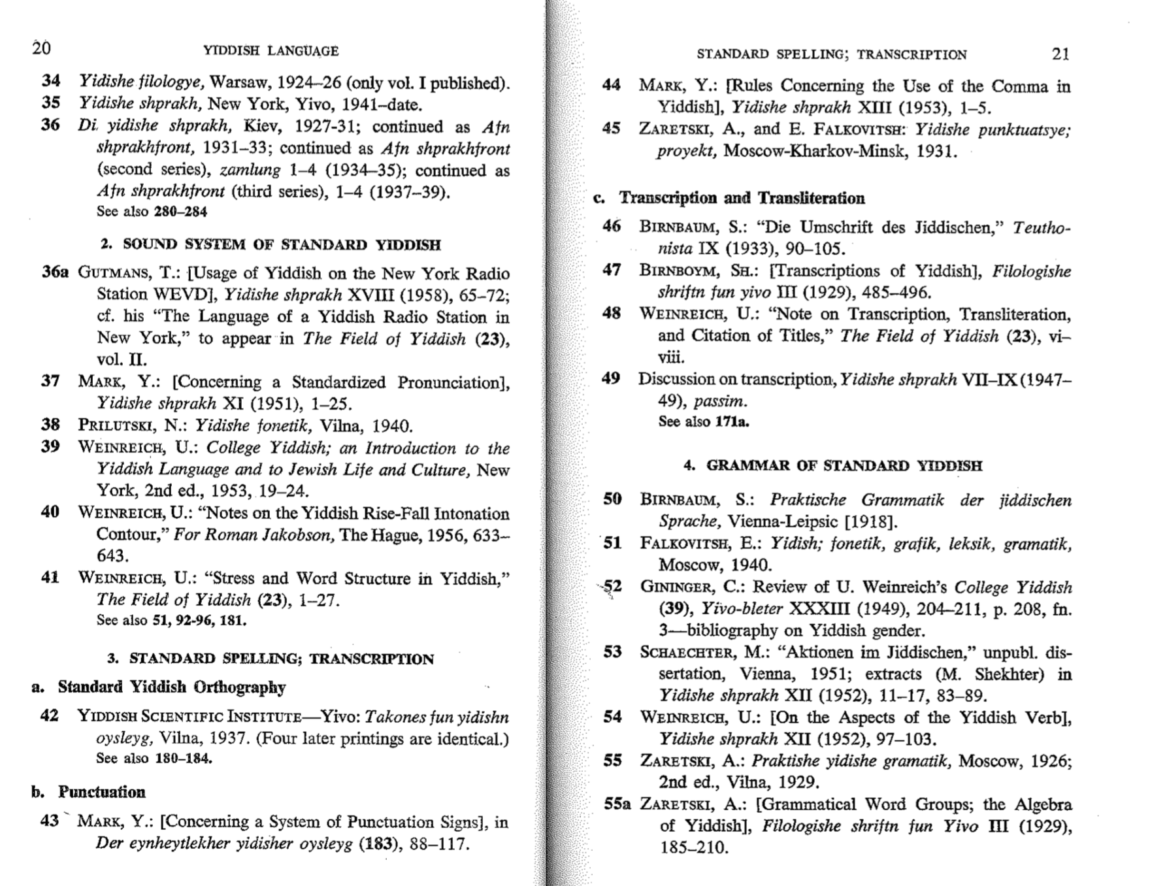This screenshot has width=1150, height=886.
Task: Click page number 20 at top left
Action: (41, 48)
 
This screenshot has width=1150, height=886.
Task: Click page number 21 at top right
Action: (1060, 54)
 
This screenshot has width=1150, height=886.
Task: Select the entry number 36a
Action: (55, 272)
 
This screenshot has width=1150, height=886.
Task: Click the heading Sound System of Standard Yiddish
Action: (271, 245)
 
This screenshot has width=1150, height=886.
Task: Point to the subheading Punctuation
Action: (101, 793)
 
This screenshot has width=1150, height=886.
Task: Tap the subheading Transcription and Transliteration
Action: (742, 198)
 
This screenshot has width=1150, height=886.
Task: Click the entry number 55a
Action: (617, 804)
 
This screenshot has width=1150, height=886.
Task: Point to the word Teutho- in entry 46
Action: (1041, 228)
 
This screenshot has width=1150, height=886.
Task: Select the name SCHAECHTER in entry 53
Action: (687, 653)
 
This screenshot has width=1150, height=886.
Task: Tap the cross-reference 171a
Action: (732, 422)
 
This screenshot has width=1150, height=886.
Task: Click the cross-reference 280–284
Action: (180, 212)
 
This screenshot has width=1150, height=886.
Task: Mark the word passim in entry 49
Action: (720, 401)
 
